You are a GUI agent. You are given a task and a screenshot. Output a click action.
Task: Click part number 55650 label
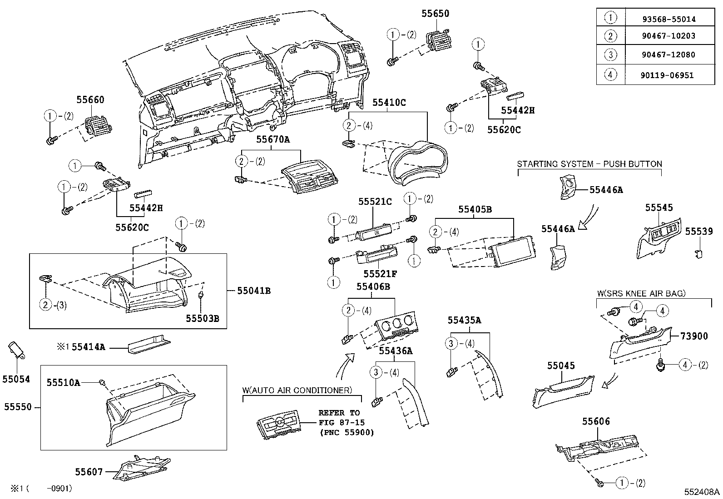pos(435,14)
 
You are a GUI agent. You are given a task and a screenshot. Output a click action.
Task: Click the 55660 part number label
pos(90,100)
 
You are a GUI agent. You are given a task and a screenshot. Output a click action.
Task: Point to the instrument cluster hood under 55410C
pos(419,163)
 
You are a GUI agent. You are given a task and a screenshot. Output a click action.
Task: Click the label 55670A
pos(272,139)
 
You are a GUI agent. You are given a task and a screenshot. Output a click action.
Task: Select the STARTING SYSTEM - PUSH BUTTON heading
pos(589,164)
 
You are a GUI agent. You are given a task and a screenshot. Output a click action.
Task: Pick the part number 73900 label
pos(693,336)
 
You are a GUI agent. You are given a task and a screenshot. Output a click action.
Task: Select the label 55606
pos(596,422)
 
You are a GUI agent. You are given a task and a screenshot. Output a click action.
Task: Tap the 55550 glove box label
pos(18,407)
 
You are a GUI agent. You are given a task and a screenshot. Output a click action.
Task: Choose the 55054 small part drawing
pos(16,352)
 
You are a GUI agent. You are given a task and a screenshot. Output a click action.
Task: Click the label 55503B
pos(202,319)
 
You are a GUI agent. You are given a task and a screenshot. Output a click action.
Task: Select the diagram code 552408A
pos(702,491)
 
